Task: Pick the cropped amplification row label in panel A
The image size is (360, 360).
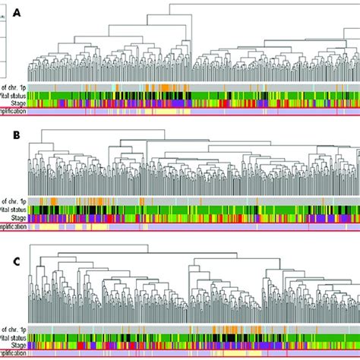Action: (13, 111)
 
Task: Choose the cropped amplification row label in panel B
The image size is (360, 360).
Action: (13, 226)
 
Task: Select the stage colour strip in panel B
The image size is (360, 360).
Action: (190, 217)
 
